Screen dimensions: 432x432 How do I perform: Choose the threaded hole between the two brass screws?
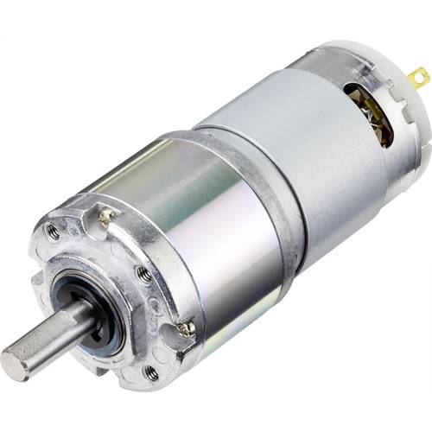144,273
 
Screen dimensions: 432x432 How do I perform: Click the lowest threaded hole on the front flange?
151,372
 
